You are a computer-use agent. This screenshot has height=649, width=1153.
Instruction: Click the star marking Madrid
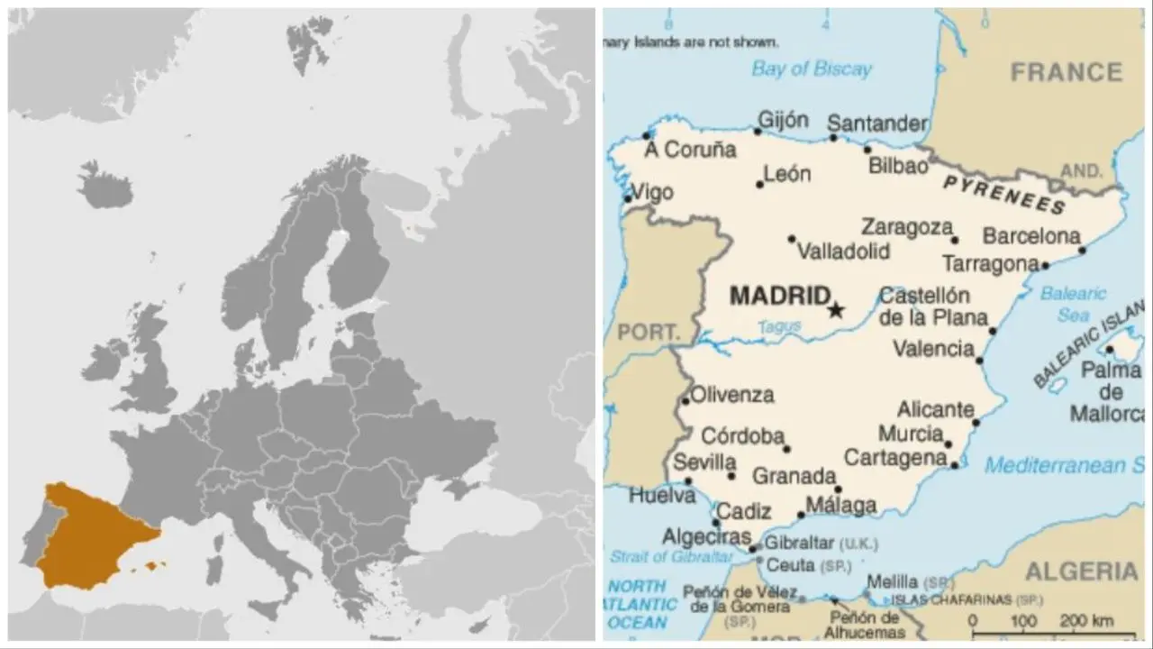point(836,310)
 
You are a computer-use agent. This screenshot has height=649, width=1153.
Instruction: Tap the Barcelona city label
point(1030,236)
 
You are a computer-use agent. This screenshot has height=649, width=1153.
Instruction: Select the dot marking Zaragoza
point(955,240)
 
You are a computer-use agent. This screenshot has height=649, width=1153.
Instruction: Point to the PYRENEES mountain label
point(1004,194)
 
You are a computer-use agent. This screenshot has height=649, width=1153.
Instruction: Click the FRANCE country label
point(1067,72)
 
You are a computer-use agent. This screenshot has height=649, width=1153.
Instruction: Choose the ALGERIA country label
point(1081,571)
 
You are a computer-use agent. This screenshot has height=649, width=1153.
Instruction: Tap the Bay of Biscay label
point(812,69)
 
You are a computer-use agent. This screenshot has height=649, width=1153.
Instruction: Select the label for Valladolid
point(844,251)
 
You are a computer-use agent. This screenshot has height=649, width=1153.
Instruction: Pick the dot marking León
point(760,184)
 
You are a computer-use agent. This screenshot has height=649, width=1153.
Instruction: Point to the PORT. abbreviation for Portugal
point(647,333)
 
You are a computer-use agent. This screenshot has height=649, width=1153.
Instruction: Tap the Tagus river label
point(779,327)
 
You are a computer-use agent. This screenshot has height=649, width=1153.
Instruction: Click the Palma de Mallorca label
point(1110,392)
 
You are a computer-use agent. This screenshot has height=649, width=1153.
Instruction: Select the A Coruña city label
point(690,151)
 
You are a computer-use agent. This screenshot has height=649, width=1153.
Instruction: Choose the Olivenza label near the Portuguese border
point(732,395)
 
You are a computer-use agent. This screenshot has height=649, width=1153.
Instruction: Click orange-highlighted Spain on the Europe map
point(90,536)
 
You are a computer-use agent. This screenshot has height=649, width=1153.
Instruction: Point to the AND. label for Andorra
point(1081,171)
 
